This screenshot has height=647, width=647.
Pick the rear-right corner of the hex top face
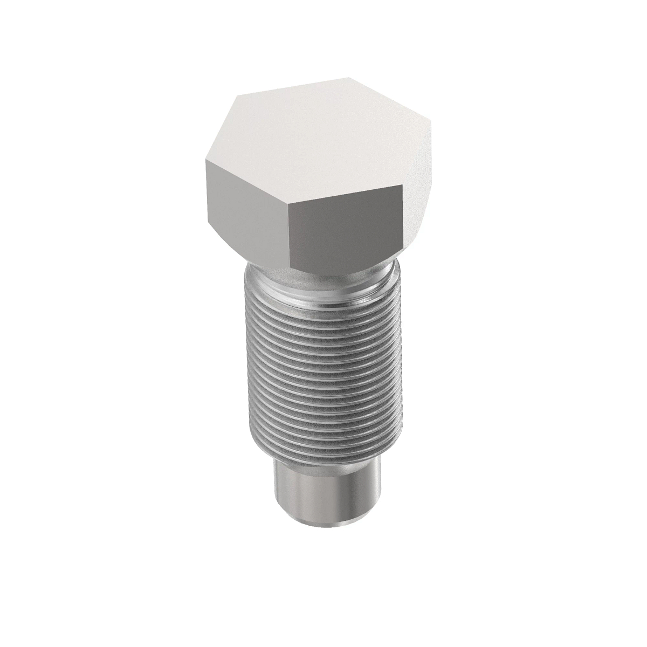pyautogui.click(x=350, y=79)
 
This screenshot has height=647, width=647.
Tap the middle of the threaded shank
pyautogui.click(x=323, y=377)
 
